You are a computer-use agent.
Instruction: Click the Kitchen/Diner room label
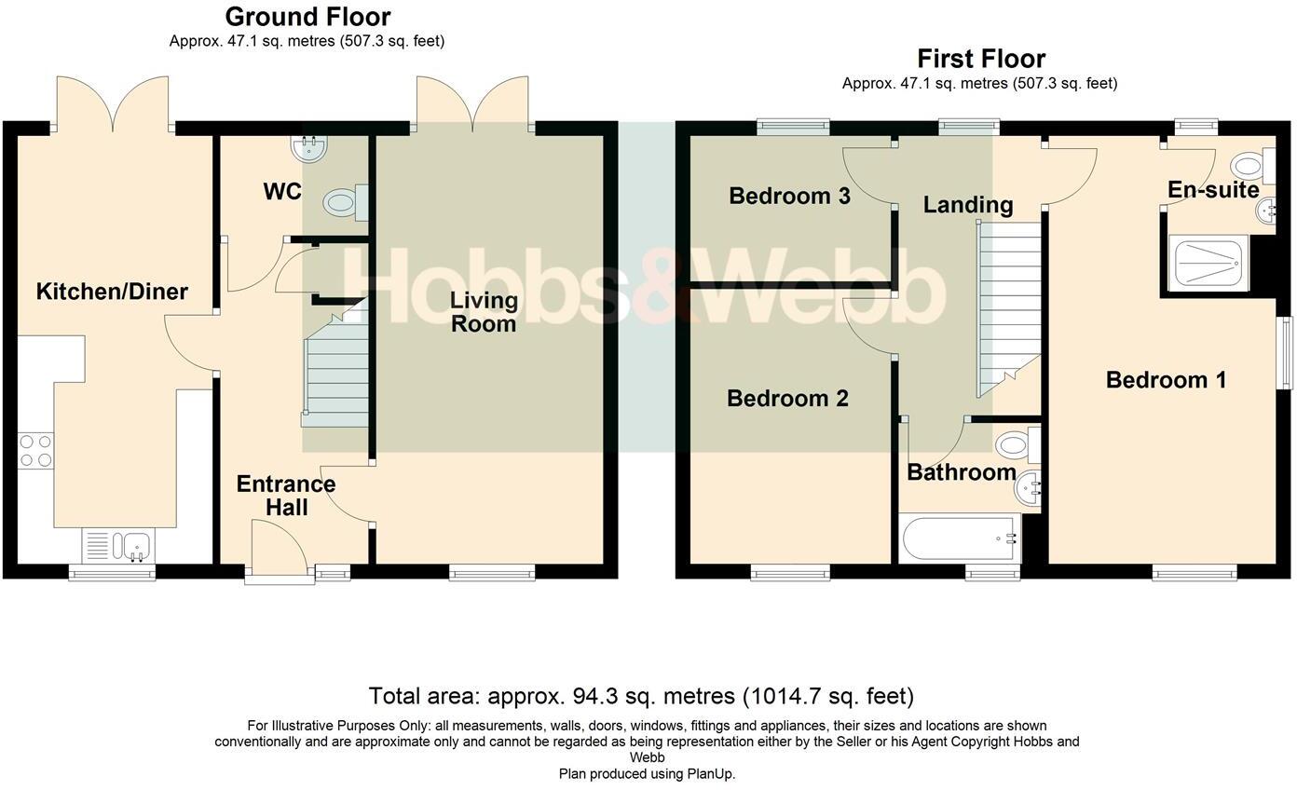112,291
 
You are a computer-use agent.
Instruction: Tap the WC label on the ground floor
282,192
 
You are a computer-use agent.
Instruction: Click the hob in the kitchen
35,451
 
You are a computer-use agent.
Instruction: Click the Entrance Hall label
286,496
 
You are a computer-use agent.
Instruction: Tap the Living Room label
484,311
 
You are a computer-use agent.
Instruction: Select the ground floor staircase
335,363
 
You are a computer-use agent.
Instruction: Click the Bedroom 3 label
789,196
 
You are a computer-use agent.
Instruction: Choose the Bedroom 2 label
787,398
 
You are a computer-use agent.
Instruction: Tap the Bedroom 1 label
1166,380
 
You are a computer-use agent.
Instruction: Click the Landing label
967,204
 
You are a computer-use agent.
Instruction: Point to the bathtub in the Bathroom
961,538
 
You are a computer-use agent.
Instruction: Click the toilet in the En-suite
1253,166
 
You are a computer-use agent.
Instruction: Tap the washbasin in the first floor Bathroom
1028,488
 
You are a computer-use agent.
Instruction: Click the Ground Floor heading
307,17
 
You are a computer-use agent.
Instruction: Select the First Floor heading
981,59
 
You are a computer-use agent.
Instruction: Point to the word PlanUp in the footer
709,774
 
